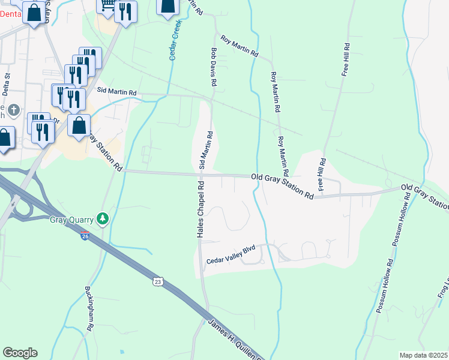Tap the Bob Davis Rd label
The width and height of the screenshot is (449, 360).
(212, 67)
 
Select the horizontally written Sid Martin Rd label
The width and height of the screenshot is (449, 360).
(117, 93)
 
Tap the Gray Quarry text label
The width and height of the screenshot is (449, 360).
(73, 218)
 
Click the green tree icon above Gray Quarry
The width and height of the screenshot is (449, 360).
(104, 218)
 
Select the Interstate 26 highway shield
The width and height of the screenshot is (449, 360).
(85, 236)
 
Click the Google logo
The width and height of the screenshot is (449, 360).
(20, 353)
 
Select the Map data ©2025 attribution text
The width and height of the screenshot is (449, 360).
(423, 355)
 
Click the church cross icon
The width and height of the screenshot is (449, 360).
(14, 111)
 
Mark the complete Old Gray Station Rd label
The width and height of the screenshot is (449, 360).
(282, 186)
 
